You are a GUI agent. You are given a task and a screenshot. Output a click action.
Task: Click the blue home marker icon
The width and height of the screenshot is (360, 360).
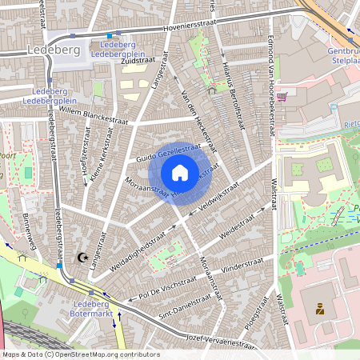click(179, 173)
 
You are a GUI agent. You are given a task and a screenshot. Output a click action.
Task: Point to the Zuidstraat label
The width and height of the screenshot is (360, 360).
click(126, 60)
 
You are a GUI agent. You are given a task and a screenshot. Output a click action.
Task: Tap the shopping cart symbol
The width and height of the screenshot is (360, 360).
click(282, 94)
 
